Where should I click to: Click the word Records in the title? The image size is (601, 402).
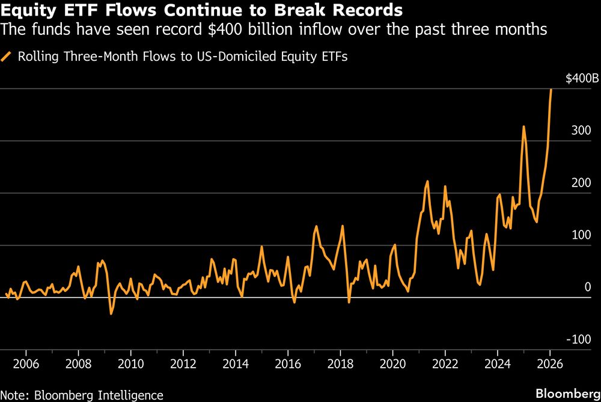(x=369, y=10)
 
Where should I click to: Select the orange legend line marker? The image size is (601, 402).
(x=8, y=57)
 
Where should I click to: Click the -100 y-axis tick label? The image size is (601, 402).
(x=581, y=339)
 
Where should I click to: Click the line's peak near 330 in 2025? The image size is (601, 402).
(x=523, y=126)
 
